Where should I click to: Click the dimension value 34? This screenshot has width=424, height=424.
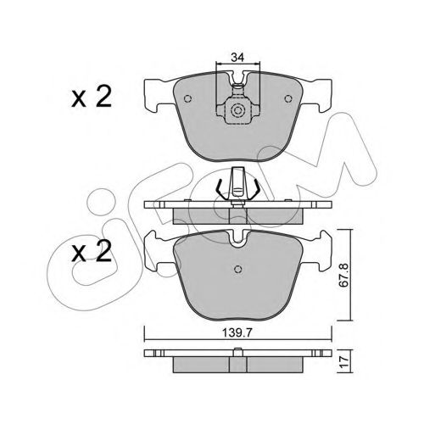pos(237,58)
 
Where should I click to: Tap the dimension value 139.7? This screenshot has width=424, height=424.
pos(237,333)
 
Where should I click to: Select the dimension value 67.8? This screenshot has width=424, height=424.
pos(344,275)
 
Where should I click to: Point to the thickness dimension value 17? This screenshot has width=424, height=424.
pos(344,361)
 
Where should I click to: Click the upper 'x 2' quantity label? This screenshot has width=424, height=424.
pos(92,97)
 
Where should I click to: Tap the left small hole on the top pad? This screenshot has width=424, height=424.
pos(187,98)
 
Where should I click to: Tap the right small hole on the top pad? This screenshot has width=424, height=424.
pos(288,98)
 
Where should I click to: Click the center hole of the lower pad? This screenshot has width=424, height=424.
pos(237,269)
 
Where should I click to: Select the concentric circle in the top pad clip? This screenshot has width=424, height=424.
pos(237,110)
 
